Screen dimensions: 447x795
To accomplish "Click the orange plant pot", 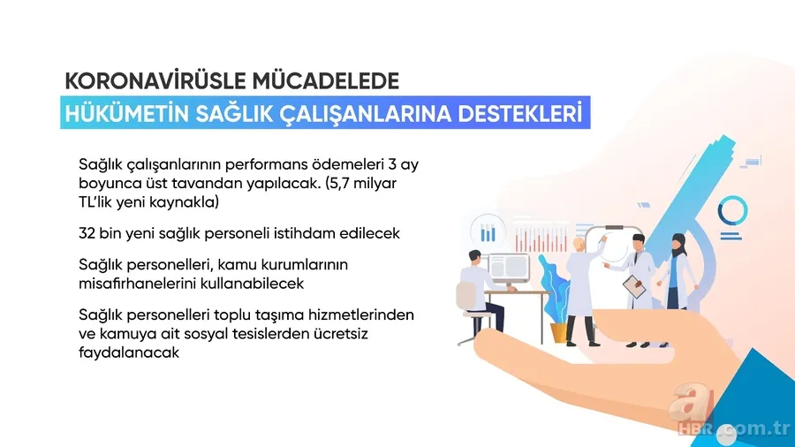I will click(559, 331).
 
